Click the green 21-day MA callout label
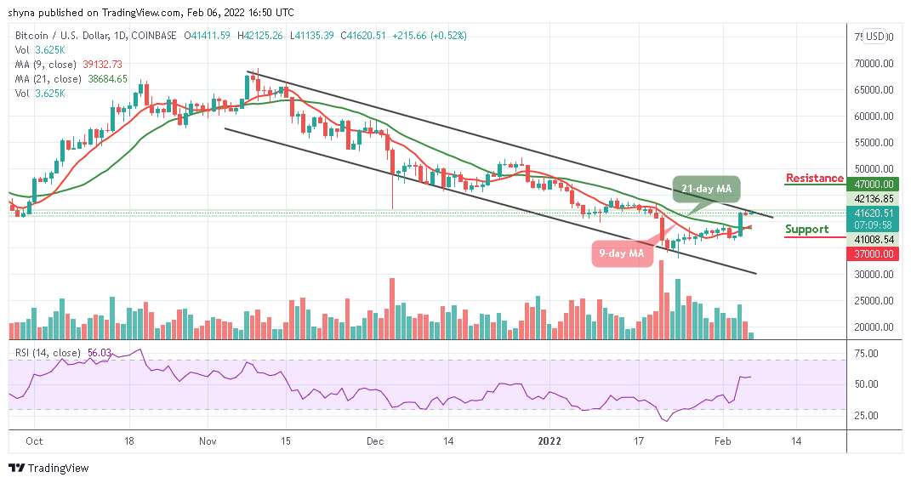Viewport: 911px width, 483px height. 706,188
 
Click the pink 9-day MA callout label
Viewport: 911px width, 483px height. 621,253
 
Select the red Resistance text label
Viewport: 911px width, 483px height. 815,179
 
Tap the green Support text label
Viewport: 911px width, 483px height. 806,230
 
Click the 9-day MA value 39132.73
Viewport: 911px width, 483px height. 101,64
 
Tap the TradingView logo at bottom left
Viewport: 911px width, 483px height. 48,469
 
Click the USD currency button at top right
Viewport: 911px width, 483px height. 874,37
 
